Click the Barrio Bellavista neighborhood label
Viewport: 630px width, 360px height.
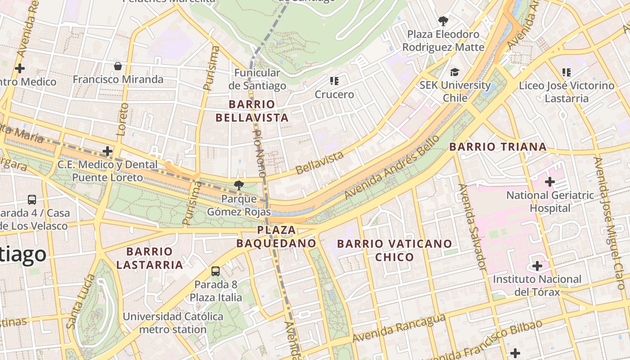252,111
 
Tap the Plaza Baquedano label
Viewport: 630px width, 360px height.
276,237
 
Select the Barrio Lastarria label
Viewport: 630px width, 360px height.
149,258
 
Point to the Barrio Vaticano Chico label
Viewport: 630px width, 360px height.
394,250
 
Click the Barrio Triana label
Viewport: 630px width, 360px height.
498,147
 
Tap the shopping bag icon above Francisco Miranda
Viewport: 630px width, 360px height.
118,67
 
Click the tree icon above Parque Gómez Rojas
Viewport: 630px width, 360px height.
239,184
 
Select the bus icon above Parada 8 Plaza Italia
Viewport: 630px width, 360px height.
216,271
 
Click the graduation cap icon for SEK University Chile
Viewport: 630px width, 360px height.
454,72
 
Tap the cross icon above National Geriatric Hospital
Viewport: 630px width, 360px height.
549,182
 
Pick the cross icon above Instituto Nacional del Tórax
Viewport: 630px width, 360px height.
537,266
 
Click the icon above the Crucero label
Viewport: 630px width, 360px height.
334,81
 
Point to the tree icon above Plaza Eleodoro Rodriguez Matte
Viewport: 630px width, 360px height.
443,21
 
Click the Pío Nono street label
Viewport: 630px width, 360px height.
260,153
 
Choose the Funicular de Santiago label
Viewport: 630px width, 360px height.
257,79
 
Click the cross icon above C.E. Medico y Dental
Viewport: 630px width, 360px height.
107,151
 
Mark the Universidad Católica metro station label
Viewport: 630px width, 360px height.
173,323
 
